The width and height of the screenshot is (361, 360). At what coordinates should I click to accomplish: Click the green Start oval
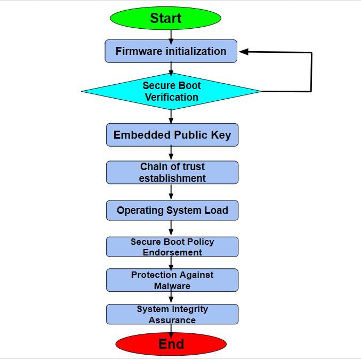click(165, 18)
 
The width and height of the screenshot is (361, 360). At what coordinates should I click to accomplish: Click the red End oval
click(171, 344)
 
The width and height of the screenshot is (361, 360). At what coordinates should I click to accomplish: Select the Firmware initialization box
click(171, 51)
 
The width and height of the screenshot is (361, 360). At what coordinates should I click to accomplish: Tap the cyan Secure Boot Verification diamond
click(171, 91)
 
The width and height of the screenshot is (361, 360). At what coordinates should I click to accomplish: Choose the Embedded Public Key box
click(172, 135)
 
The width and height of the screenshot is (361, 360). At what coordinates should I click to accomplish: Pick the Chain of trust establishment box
click(172, 172)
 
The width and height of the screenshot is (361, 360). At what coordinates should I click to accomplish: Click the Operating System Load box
click(172, 210)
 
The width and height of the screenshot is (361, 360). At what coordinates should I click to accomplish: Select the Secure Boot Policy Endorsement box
click(172, 247)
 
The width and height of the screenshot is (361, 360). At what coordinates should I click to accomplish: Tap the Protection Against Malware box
click(172, 280)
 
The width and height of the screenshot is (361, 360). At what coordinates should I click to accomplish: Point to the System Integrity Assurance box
click(172, 314)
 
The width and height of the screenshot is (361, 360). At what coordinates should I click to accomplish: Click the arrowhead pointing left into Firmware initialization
click(244, 52)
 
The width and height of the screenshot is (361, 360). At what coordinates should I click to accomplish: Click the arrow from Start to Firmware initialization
click(171, 34)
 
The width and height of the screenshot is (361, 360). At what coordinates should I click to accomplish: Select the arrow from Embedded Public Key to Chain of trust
click(171, 153)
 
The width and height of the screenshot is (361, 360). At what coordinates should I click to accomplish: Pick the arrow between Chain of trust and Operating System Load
click(171, 192)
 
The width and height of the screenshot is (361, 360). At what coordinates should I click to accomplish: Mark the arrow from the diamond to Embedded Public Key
click(171, 117)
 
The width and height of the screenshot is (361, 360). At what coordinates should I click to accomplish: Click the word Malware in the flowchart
click(172, 286)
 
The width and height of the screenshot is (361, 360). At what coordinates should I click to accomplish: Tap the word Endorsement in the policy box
click(172, 252)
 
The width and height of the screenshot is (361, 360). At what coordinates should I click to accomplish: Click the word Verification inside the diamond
click(171, 97)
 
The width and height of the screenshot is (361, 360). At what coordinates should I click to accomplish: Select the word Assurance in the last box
click(172, 320)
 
